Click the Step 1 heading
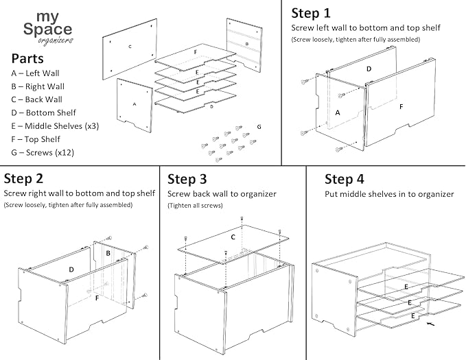pyautogui.click(x=311, y=13)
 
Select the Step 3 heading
pyautogui.click(x=187, y=179)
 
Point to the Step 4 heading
pyautogui.click(x=344, y=179)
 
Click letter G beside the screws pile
pyautogui.click(x=259, y=127)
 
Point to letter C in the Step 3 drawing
pyautogui.click(x=233, y=237)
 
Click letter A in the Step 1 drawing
pyautogui.click(x=336, y=112)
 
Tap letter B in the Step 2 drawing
pyautogui.click(x=108, y=253)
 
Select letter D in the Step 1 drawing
pyautogui.click(x=369, y=69)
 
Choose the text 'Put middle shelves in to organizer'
pyautogui.click(x=389, y=194)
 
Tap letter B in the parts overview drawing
pyautogui.click(x=246, y=43)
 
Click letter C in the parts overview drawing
pyautogui.click(x=129, y=47)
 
